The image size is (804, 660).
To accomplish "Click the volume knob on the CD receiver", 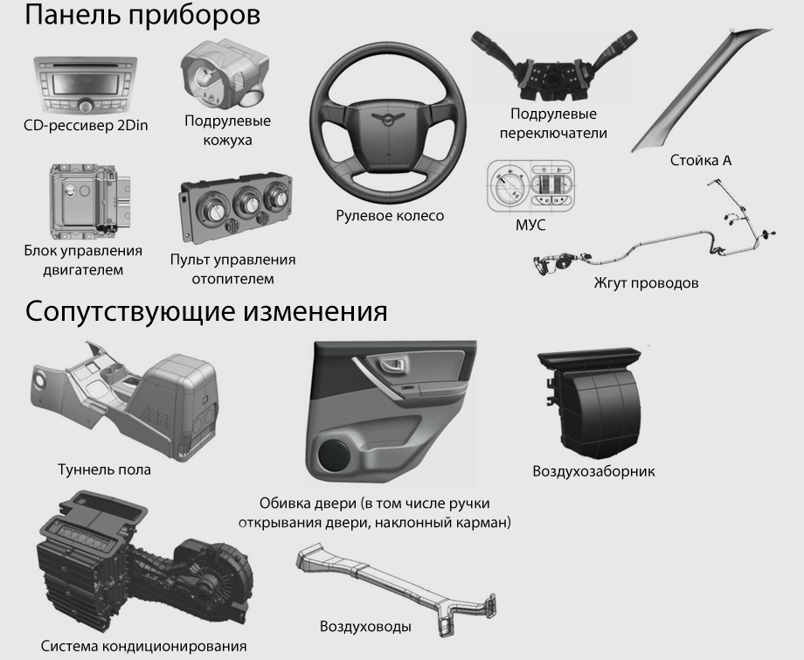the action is point(85,106).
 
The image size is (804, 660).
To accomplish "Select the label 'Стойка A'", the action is point(700,161).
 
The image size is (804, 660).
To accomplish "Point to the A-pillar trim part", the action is point(697,93).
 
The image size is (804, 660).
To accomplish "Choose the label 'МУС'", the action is point(530,226).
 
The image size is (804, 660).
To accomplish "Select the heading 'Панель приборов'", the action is point(142,16).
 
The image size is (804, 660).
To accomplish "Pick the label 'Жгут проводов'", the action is point(646,283).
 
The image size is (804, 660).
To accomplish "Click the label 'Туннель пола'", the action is point(104,469).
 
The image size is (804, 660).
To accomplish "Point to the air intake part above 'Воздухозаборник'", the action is point(590,403).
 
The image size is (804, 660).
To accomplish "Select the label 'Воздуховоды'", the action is point(365,627).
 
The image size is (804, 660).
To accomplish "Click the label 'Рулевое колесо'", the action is point(390,216).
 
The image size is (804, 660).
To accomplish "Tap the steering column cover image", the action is point(224,75).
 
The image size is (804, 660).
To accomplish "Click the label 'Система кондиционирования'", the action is point(143,646).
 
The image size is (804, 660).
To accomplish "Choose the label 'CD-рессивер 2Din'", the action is point(86,126).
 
